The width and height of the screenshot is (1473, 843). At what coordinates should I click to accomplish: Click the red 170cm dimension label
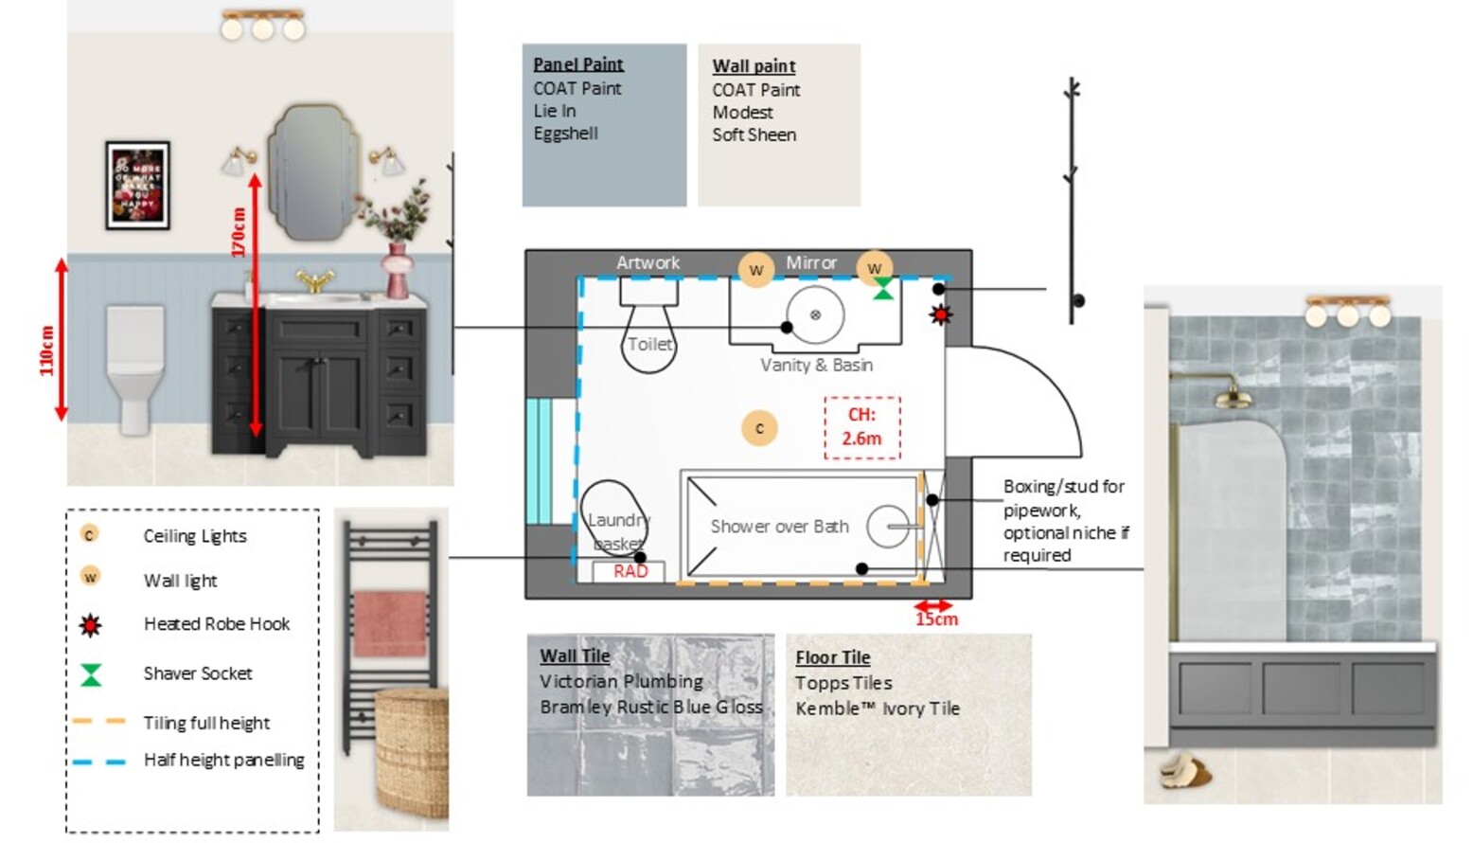(x=239, y=232)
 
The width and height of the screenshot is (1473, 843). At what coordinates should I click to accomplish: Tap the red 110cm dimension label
(x=46, y=350)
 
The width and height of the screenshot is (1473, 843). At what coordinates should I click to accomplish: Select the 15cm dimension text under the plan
(x=935, y=619)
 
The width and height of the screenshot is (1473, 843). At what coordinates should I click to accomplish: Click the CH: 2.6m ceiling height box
(x=861, y=427)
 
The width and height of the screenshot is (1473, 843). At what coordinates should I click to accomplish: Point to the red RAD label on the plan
(x=630, y=571)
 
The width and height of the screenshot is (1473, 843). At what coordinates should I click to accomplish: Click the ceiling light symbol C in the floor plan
(x=759, y=428)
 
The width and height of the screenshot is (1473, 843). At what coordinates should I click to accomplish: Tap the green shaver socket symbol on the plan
(x=882, y=289)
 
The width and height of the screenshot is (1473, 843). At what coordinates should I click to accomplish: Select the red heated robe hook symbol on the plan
(x=940, y=314)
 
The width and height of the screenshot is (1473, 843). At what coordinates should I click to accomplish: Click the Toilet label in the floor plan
(x=649, y=344)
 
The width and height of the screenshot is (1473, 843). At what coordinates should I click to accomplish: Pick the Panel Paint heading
(x=577, y=64)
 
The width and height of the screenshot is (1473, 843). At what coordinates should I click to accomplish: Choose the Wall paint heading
(x=754, y=66)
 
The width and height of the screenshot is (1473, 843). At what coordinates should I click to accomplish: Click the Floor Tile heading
(x=832, y=657)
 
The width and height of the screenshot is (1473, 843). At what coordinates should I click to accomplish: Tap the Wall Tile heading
(x=575, y=655)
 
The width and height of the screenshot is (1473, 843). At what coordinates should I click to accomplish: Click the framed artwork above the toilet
(x=138, y=186)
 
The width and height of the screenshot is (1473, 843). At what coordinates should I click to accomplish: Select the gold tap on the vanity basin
(x=315, y=280)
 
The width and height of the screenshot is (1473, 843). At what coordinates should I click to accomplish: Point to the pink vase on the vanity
(x=399, y=271)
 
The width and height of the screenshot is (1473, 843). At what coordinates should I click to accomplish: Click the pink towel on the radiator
(x=390, y=622)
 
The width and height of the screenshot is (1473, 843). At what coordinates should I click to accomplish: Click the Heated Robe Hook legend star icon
(x=90, y=625)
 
